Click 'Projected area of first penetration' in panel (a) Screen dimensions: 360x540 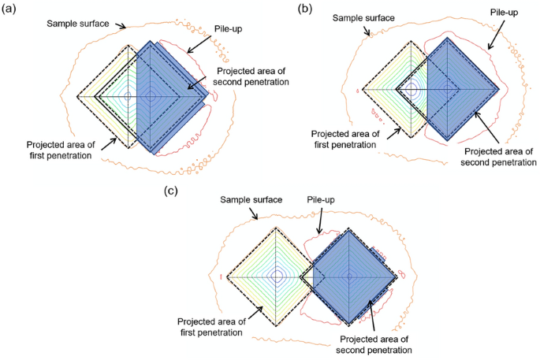point(59,150)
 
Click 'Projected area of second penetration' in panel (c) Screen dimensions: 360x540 point(374,343)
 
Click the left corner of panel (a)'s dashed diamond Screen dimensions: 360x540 point(77,96)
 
